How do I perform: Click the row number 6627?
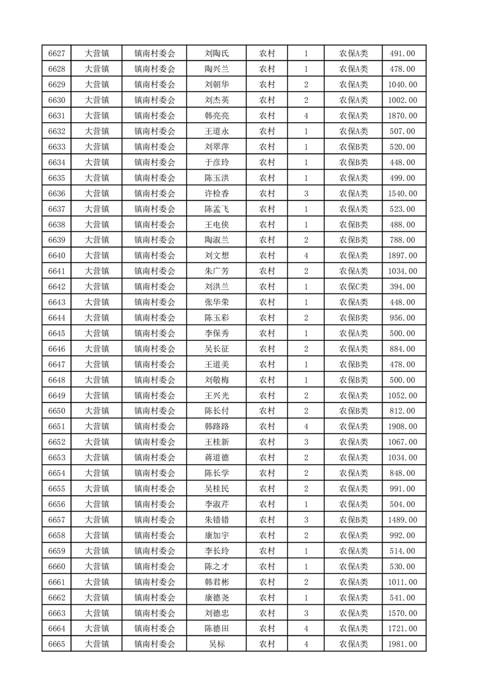pos(57,54)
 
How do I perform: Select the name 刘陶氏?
pos(216,54)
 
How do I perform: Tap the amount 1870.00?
pos(404,116)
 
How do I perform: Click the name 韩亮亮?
pos(216,116)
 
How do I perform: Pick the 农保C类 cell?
pos(353,287)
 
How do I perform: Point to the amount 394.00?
pos(404,287)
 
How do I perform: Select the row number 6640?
pos(57,255)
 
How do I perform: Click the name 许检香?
pos(216,194)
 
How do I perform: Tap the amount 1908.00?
pos(404,427)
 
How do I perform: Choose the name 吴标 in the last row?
pos(216,644)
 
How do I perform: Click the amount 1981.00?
pos(404,644)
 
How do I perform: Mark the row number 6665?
pos(57,644)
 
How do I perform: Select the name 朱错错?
pos(216,520)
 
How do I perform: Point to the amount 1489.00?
pos(404,520)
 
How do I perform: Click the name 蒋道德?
pos(216,458)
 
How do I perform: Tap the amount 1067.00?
pos(404,442)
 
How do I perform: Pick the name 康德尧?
pos(216,597)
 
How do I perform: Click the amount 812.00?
pos(404,411)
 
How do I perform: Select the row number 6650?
pos(57,411)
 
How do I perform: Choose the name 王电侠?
pos(216,225)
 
